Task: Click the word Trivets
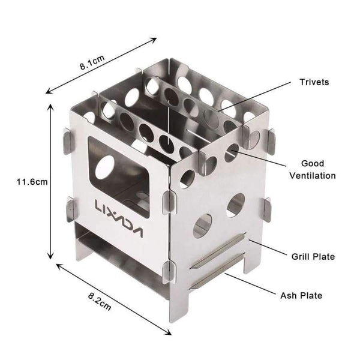tap(313, 82)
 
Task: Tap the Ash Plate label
tap(302, 295)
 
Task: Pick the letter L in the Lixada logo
tap(98, 207)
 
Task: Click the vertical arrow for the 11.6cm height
tap(50, 180)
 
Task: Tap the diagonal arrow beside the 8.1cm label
tap(102, 66)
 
